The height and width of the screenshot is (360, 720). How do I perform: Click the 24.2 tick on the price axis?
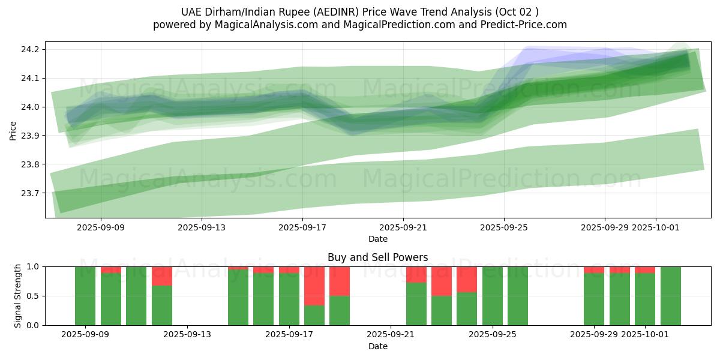tap(31, 49)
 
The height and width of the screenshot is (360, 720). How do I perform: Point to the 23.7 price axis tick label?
tap(31, 193)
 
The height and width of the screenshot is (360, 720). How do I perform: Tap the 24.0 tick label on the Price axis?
tap(31, 107)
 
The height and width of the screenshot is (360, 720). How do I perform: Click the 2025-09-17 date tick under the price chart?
tap(302, 227)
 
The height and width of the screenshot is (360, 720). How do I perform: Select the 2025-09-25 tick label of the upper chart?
tap(504, 227)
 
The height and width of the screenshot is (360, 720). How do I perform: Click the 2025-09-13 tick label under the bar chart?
tap(188, 335)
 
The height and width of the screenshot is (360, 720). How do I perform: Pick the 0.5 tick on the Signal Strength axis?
tap(34, 296)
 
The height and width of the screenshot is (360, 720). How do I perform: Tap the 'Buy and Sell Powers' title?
tap(378, 257)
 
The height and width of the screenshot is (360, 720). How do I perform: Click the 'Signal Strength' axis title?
tap(18, 296)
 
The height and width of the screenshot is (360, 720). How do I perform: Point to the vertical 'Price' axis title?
tap(13, 130)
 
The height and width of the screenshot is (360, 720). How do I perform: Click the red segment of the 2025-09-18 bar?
tap(314, 286)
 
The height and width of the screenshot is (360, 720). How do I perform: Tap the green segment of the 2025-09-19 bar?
tap(340, 310)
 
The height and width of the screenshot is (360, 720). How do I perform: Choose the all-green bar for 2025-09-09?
tap(85, 296)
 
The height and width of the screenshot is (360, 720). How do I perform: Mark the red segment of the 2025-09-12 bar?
tap(162, 276)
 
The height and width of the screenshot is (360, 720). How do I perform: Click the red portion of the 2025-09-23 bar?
tap(442, 281)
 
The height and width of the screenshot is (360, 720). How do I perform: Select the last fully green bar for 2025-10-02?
tap(671, 296)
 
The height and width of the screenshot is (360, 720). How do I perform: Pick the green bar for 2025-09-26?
tap(518, 296)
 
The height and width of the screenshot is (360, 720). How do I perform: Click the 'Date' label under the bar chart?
tap(378, 346)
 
